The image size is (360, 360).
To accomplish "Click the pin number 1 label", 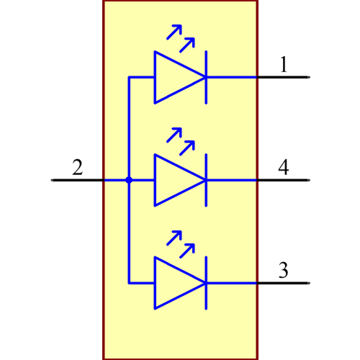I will click(284, 65).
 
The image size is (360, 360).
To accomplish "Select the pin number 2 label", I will click(77, 168).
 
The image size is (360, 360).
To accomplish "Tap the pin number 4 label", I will click(284, 168).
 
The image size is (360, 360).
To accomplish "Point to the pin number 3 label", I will click(284, 271).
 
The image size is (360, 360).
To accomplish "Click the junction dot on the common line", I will click(129, 180).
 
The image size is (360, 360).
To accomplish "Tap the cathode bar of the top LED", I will click(206, 77).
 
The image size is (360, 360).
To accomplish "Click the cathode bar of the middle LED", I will click(206, 180).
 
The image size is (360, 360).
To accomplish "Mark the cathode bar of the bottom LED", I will click(206, 283).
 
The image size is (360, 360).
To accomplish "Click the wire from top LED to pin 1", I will click(232, 77).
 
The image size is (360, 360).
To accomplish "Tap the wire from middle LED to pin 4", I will click(232, 180).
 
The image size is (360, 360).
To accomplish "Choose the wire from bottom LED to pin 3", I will click(232, 283).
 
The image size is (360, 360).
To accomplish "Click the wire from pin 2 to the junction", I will click(115, 180).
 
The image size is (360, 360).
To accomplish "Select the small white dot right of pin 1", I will click(309, 76).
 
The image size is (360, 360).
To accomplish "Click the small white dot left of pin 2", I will click(52, 180).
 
